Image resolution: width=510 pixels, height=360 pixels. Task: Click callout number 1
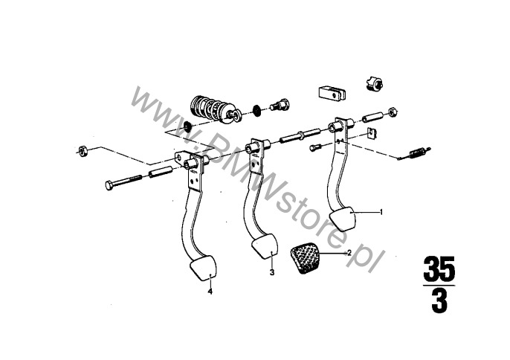(381, 212)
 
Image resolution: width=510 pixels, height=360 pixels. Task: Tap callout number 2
(349, 253)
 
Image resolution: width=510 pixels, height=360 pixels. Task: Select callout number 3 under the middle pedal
(272, 272)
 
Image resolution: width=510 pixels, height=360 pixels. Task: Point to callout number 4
(210, 292)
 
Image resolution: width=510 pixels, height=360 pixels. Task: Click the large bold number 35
(439, 269)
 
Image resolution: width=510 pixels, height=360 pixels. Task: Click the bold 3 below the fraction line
(439, 300)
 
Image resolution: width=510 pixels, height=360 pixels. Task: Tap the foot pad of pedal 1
(343, 219)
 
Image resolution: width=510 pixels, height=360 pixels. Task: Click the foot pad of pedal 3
(265, 246)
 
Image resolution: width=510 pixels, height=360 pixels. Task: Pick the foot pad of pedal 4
(203, 268)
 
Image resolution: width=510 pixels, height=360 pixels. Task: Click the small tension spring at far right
(414, 153)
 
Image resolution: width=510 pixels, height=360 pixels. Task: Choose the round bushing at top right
(375, 83)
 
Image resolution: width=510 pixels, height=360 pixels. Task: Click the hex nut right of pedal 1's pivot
(393, 112)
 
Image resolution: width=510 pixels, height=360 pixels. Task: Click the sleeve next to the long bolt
(160, 172)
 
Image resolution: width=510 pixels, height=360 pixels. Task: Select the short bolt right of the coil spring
(279, 104)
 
